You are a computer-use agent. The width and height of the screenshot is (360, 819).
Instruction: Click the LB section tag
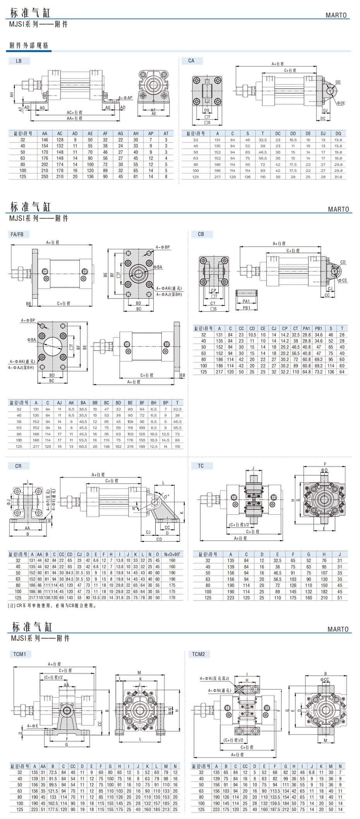click(x=18, y=61)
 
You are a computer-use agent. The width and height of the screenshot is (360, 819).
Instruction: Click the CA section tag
click(x=191, y=61)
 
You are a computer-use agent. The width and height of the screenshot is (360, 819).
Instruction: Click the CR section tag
click(x=18, y=466)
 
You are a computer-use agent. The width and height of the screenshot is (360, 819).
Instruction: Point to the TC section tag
click(x=201, y=466)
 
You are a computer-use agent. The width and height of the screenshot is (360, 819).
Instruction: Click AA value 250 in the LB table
click(x=45, y=177)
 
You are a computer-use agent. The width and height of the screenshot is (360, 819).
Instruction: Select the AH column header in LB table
click(x=135, y=134)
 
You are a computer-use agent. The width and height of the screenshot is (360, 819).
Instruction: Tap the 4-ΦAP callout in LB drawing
click(x=126, y=98)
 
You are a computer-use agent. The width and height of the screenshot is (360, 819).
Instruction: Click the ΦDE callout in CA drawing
click(x=341, y=103)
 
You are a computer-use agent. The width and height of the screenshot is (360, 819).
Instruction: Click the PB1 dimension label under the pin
click(x=246, y=308)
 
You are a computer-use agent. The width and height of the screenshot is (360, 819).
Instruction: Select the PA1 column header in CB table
click(x=306, y=328)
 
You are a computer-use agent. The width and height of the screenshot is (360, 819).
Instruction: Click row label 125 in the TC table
click(x=208, y=598)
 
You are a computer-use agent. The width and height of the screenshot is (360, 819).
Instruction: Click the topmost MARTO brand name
click(x=336, y=15)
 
